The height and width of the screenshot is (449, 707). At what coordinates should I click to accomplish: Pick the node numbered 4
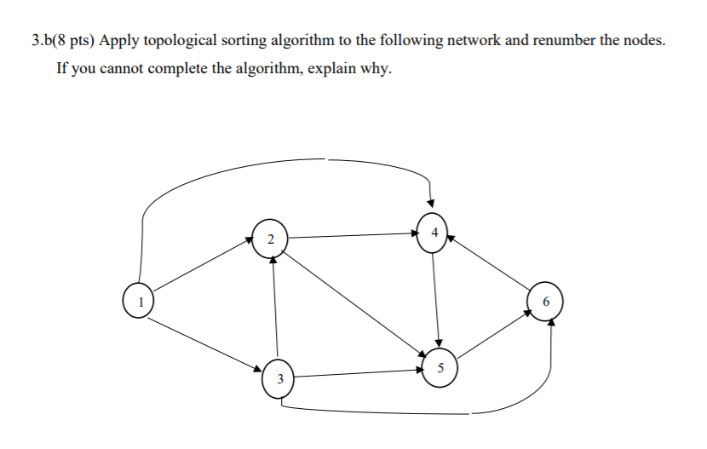(433, 232)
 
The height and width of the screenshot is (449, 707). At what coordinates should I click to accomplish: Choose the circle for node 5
(440, 368)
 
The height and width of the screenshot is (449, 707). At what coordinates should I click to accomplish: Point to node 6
(546, 302)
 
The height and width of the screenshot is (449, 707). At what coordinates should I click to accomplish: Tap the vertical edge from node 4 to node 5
(435, 298)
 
